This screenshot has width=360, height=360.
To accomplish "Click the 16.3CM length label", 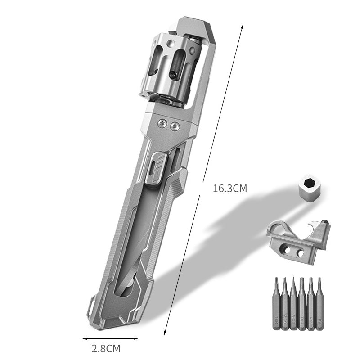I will [230, 189].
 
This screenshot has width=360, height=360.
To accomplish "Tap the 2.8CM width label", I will [106, 348].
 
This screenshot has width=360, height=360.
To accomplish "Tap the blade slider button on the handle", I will [157, 167].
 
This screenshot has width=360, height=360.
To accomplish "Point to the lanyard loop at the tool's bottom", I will [92, 306].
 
